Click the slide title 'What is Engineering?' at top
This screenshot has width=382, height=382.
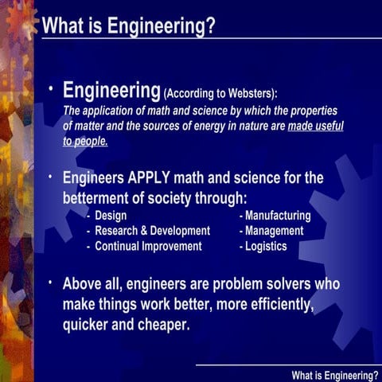[x=128, y=25]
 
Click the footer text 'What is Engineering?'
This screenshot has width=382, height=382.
[x=335, y=374]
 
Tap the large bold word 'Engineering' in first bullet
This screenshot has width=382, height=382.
[x=111, y=88]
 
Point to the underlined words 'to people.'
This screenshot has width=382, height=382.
[x=85, y=142]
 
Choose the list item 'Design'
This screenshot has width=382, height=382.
[x=111, y=216]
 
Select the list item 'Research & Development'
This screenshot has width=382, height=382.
[x=152, y=231]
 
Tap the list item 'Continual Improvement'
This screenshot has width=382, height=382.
[x=148, y=246]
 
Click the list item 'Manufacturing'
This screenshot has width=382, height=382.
[x=278, y=216]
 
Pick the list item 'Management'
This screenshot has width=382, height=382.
[x=275, y=231]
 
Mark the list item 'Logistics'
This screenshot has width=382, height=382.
[x=266, y=246]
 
